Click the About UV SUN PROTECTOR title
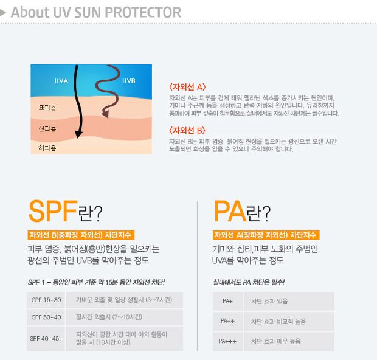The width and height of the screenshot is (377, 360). coord(95,12)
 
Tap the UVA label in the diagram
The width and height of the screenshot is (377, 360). coord(61,81)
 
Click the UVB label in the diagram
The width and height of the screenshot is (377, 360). coord(129,81)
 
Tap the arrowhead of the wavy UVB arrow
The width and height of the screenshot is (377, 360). coord(105,114)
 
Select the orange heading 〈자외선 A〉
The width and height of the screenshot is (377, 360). coord(188,86)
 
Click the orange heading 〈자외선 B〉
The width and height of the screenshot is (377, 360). coord(188,130)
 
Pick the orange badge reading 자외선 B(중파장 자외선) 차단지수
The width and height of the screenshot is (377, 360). coord(80,235)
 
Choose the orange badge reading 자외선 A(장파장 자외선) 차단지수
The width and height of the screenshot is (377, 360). coord(266,235)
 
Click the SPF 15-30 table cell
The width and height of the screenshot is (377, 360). coord(46,300)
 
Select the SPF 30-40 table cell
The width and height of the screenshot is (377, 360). coord(46,317)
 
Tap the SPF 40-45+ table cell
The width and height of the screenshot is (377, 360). coord(46,338)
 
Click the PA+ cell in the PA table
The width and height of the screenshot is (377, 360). coord(228,301)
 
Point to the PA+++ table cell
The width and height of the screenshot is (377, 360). coord(228,341)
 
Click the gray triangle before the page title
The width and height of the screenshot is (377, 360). coord(5,12)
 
